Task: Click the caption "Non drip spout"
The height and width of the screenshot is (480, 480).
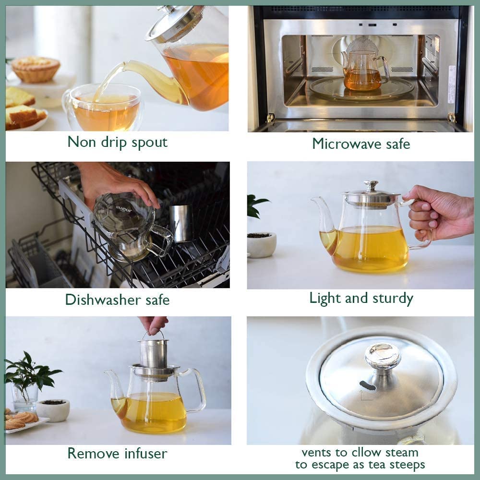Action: point(117,142)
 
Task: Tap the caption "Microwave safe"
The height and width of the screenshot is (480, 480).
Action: point(361,143)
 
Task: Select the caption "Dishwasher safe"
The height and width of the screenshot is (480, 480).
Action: point(117,300)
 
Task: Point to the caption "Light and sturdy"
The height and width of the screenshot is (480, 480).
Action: point(361,298)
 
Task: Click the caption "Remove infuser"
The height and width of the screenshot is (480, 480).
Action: point(117,453)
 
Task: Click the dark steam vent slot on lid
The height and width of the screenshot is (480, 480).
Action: point(368,385)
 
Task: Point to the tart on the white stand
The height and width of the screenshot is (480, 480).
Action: point(36,68)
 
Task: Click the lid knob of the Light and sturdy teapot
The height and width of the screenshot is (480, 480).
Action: point(371,185)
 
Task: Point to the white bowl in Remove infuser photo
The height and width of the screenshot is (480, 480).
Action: point(53,409)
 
